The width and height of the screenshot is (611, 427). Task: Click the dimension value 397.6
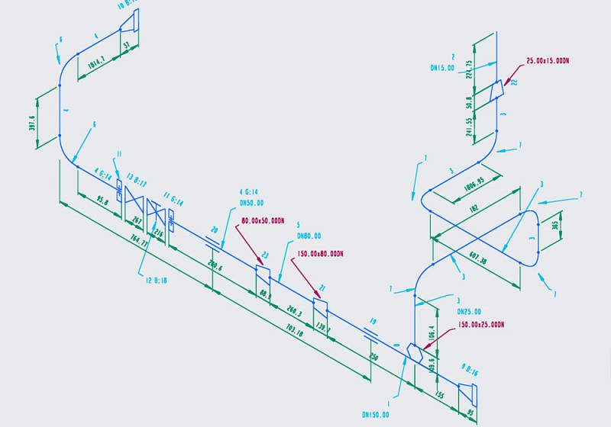click(x=32, y=123)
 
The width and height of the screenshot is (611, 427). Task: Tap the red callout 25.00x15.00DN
click(x=548, y=60)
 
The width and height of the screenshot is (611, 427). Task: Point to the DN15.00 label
click(x=442, y=67)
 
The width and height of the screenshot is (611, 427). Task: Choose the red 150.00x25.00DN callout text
click(x=480, y=325)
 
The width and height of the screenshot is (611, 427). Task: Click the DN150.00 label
click(x=375, y=415)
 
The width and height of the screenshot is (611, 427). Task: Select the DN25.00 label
click(x=469, y=312)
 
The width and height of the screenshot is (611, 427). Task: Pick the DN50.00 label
click(x=251, y=203)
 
